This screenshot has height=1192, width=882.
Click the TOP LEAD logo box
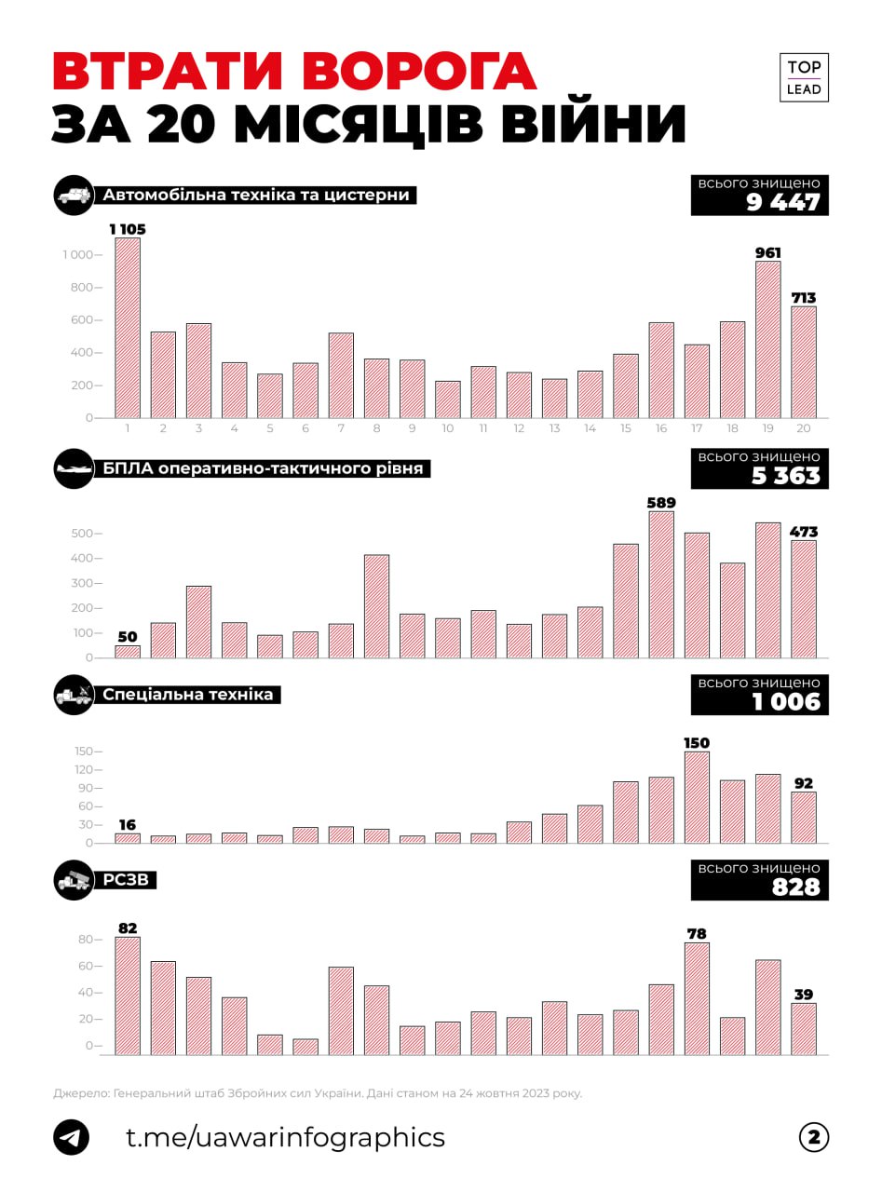tap(803, 78)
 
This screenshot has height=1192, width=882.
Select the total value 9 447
tap(782, 203)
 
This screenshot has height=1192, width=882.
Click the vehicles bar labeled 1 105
tap(128, 328)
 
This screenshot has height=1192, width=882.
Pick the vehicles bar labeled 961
tap(768, 339)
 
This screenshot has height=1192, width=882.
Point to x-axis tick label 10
tap(448, 428)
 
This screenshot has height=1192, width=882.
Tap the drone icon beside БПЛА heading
tap(74, 469)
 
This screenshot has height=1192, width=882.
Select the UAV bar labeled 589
tap(661, 584)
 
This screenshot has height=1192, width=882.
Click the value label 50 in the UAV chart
tap(127, 637)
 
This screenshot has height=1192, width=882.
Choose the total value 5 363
tap(782, 476)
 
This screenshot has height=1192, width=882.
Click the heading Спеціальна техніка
tap(188, 695)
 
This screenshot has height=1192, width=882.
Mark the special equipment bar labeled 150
tap(697, 797)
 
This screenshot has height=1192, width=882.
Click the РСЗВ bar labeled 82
tap(128, 996)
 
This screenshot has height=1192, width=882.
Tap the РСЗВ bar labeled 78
tap(697, 998)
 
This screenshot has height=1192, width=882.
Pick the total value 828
tap(795, 887)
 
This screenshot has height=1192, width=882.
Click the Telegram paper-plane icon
tap(72, 1138)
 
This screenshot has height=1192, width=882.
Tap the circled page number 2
tap(813, 1137)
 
